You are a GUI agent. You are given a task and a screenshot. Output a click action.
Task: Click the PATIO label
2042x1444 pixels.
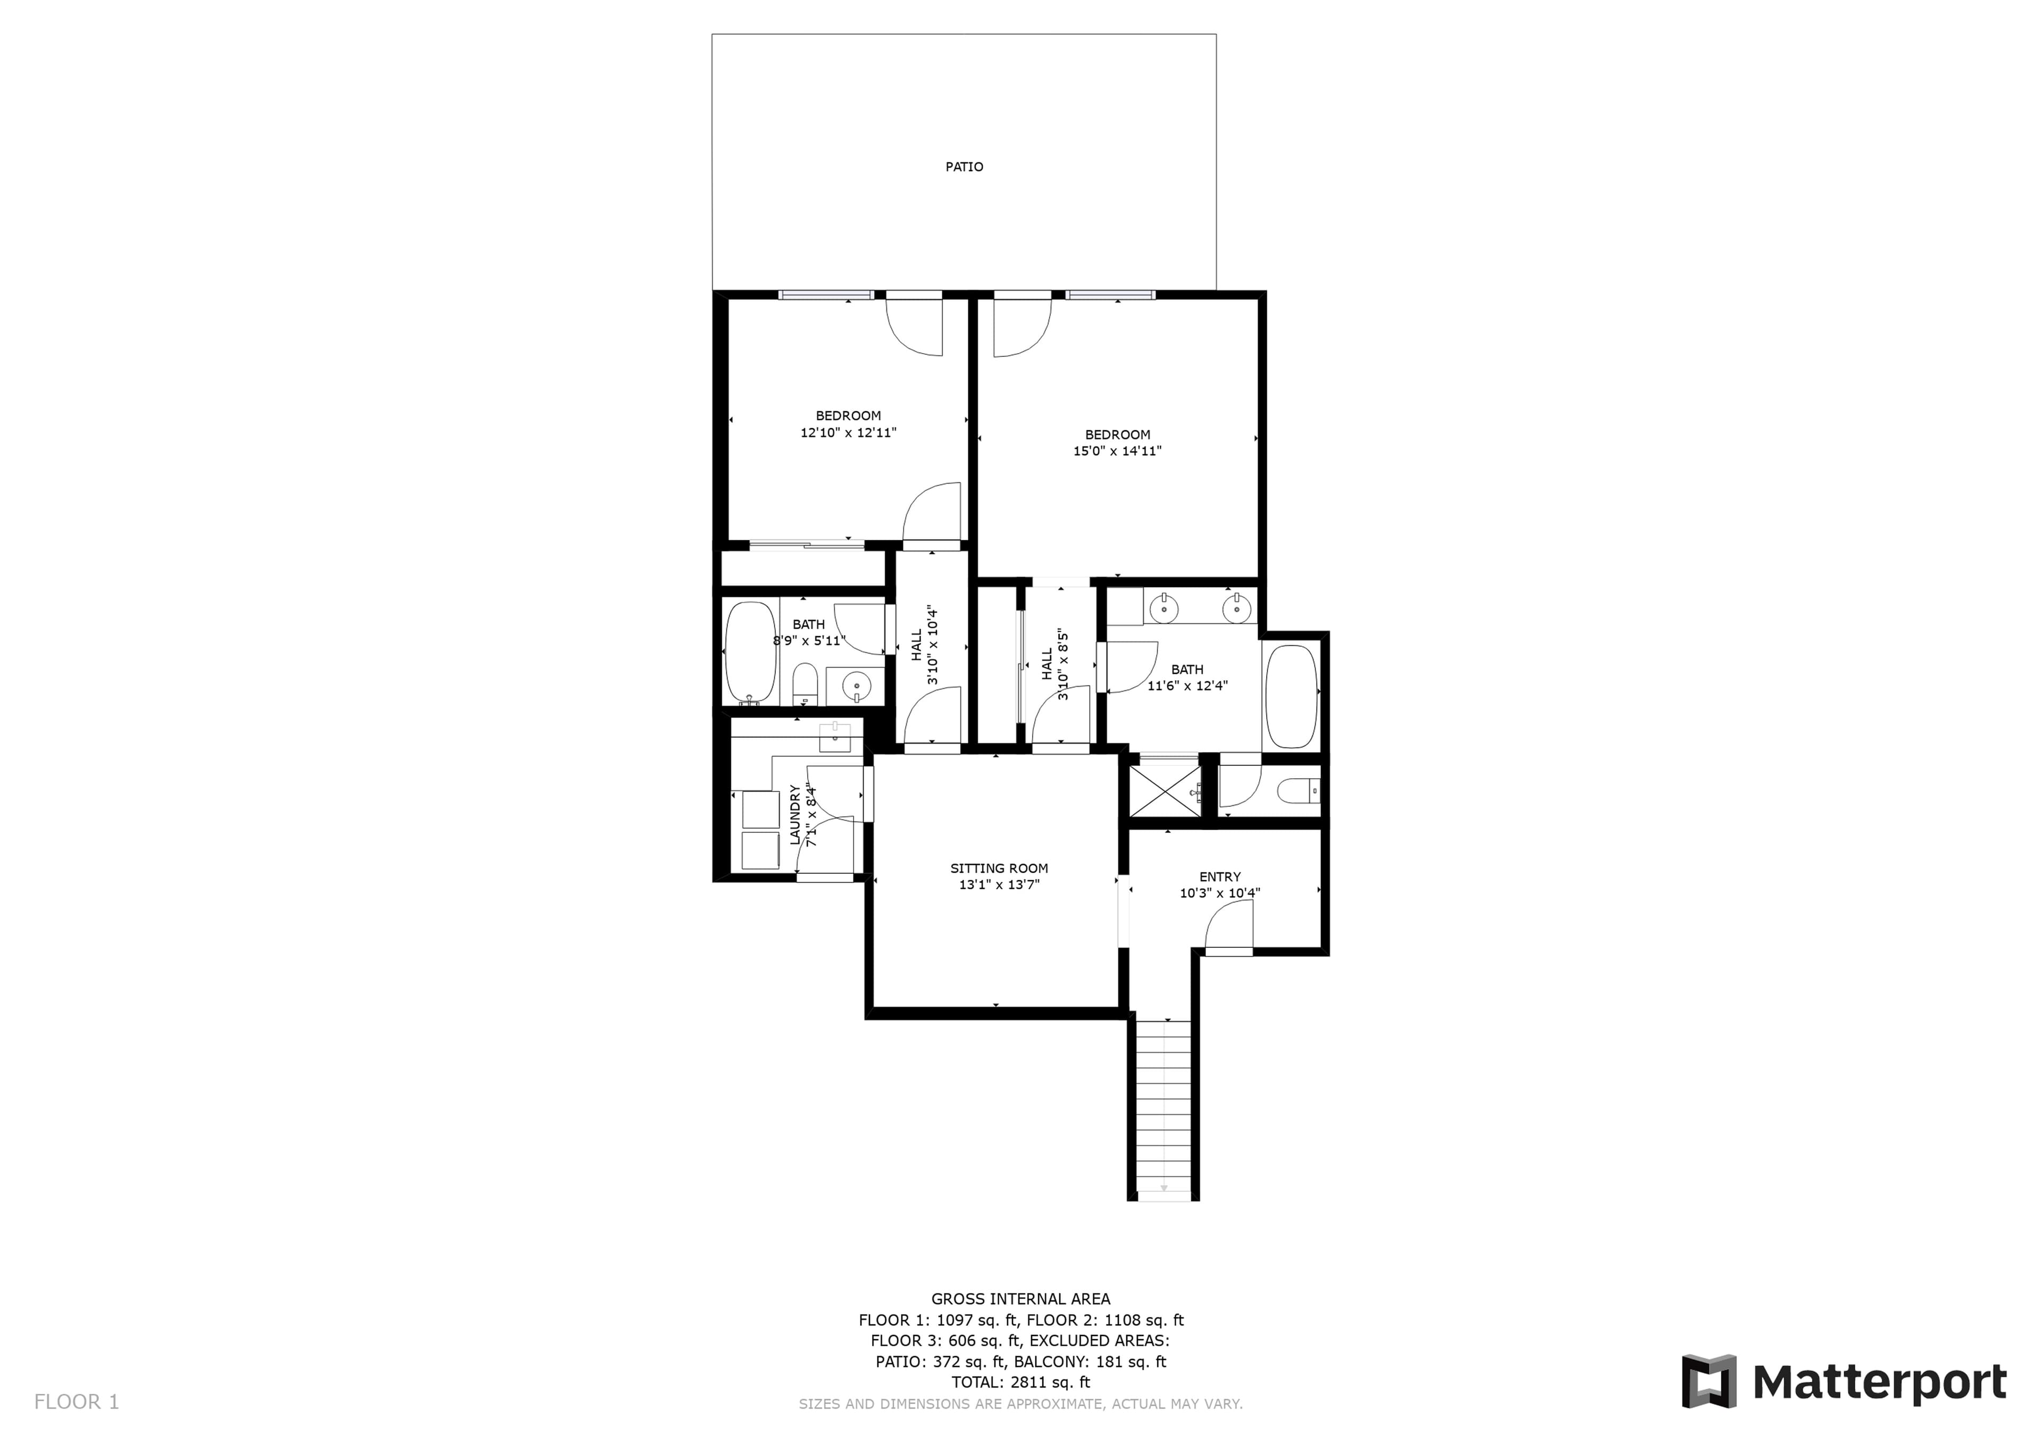pos(964,167)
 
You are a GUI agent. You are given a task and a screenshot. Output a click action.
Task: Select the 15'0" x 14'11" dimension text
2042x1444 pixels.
pos(1117,451)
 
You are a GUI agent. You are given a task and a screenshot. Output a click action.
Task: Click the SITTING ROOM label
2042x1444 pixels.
pos(999,869)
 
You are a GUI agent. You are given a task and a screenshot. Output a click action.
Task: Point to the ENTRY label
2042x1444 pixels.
pos(1219,877)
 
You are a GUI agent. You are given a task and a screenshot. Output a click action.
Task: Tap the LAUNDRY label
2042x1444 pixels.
pos(795,814)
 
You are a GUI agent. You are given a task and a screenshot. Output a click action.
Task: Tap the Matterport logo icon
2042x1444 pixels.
pos(1709,1382)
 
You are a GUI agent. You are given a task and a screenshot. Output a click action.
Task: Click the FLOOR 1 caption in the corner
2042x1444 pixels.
pos(77,1402)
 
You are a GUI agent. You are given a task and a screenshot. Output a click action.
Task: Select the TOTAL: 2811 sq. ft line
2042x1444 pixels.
pos(1021,1383)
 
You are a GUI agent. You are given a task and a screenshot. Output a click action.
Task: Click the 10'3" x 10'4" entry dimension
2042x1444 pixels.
pos(1219,894)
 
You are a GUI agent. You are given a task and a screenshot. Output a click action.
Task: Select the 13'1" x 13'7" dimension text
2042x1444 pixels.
pos(999,884)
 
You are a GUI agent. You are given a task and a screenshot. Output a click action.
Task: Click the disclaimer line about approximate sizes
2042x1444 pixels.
pos(1021,1404)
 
